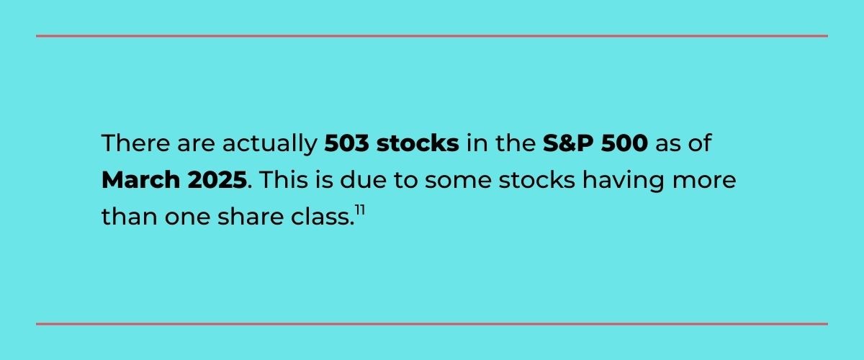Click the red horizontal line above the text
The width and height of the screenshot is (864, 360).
[x=432, y=35]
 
